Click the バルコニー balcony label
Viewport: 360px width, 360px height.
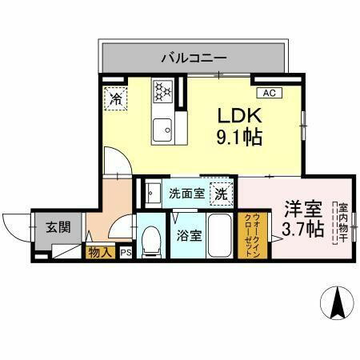(x=194, y=58)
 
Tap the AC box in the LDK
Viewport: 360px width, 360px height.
(x=269, y=93)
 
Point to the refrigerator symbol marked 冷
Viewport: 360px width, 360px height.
(x=115, y=100)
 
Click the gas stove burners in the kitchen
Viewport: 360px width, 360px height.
(x=164, y=91)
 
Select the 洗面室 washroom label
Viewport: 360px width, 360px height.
(x=185, y=193)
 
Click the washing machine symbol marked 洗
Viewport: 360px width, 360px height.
(x=220, y=193)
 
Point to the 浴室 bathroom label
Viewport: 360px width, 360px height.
(x=190, y=236)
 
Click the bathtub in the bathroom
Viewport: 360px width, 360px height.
(x=220, y=234)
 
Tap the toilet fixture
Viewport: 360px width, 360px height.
(x=150, y=241)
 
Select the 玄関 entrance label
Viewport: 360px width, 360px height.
(x=57, y=226)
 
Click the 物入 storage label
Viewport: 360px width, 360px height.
(x=99, y=253)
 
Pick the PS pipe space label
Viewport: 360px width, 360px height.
(x=126, y=253)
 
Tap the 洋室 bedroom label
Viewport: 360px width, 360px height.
(x=303, y=210)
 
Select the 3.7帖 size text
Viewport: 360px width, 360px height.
(x=303, y=230)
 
